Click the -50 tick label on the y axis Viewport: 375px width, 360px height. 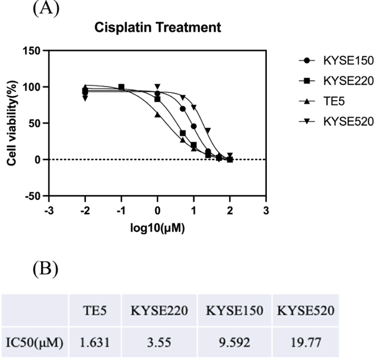32,196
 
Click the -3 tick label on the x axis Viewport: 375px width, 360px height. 49,210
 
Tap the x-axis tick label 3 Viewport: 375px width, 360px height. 266,210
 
